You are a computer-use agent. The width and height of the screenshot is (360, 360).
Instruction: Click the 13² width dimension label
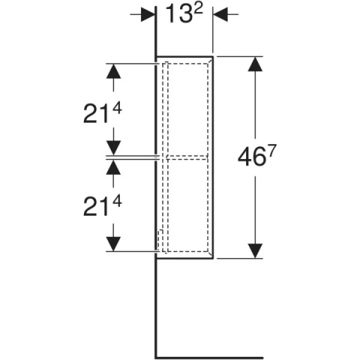(184, 14)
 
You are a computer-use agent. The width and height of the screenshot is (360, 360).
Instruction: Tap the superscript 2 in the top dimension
(197, 10)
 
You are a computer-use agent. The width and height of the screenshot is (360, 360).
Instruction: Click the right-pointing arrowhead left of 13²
(148, 14)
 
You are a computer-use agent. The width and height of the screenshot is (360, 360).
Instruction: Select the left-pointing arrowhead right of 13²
(220, 14)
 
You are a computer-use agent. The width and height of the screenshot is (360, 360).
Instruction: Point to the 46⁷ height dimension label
(257, 156)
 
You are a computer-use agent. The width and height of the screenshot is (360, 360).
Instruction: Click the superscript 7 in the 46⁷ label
(273, 150)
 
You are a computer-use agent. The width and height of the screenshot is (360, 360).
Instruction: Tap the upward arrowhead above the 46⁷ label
(255, 64)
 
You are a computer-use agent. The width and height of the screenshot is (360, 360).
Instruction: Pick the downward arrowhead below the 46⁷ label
(255, 250)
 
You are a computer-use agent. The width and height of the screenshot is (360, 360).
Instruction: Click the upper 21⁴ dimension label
(103, 113)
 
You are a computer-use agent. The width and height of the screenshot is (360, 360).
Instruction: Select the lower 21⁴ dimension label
(103, 206)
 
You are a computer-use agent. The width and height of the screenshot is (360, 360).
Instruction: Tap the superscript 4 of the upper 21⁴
(117, 109)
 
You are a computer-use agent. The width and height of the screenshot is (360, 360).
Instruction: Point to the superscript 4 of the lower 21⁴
(117, 202)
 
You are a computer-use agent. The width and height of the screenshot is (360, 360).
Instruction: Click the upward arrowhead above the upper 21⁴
(114, 71)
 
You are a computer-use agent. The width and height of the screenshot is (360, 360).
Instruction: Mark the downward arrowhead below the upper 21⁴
(114, 148)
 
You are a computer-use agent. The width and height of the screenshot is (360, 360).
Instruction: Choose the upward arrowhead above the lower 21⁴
(114, 166)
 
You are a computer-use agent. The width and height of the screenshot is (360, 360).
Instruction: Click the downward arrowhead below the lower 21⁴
(114, 244)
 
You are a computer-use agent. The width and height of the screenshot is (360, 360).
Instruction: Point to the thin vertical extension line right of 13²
(213, 29)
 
